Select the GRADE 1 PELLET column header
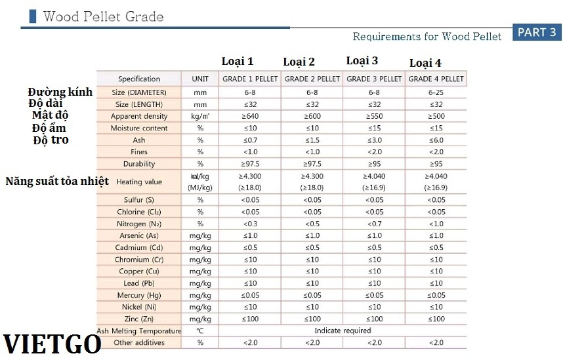250,79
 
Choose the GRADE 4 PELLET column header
436,79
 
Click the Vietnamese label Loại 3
362,61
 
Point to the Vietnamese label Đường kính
60,92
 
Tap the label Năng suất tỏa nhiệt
57,181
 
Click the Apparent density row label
139,116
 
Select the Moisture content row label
139,128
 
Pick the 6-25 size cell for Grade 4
436,92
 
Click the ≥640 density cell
250,116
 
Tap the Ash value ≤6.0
436,140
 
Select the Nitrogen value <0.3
250,224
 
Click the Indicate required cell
343,330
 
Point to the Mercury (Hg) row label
139,295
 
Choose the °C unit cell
200,330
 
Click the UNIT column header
200,79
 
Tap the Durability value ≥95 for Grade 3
374,163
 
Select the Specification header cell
139,79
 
